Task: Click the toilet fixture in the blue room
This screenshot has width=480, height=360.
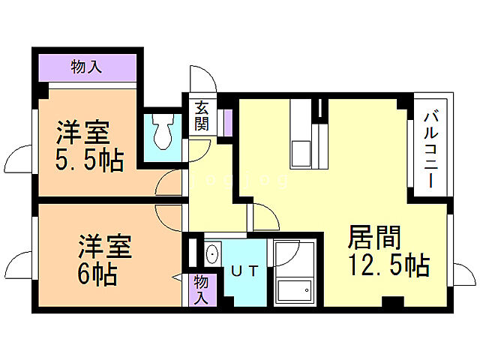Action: point(162,133)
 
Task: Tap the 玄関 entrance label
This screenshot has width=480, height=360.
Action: point(201,115)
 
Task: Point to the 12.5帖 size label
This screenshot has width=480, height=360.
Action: point(388,265)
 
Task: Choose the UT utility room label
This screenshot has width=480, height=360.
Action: point(244,271)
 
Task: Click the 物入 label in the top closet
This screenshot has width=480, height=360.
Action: point(87,67)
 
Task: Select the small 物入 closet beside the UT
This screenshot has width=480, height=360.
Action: point(200,289)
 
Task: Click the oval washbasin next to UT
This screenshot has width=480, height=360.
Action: point(211,253)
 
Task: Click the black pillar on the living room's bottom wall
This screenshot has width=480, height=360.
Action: point(390,302)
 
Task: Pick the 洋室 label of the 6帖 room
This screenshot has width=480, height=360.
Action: point(106,247)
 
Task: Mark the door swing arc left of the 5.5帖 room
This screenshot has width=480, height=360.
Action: point(19,160)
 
